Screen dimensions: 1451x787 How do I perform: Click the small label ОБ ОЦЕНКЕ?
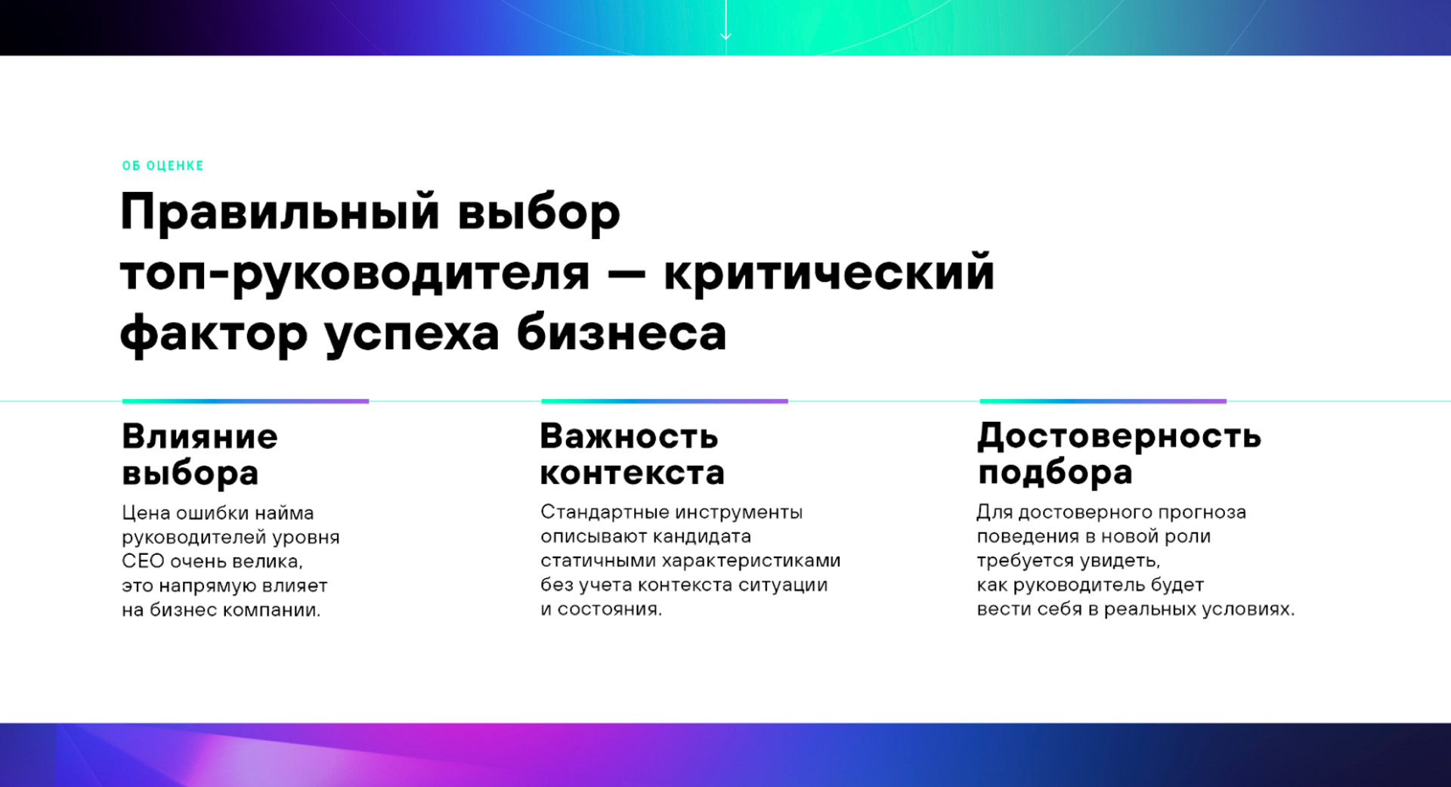click(x=162, y=166)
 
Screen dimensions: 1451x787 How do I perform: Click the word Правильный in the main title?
click(x=280, y=213)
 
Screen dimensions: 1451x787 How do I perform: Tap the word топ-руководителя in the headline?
click(x=354, y=274)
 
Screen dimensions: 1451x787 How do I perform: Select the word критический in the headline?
click(x=829, y=274)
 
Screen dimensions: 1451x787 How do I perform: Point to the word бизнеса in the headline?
click(x=621, y=333)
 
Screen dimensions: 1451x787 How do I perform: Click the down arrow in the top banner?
click(x=725, y=20)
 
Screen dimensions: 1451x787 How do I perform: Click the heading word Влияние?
click(x=200, y=436)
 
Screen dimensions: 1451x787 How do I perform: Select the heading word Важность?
click(x=629, y=436)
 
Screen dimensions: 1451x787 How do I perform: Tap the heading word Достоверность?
click(x=1119, y=436)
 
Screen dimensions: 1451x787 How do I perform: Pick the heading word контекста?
click(x=633, y=473)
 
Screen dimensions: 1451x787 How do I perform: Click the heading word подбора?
click(x=1055, y=473)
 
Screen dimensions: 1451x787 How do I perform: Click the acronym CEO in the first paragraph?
click(x=143, y=562)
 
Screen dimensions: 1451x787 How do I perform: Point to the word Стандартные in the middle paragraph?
click(x=603, y=513)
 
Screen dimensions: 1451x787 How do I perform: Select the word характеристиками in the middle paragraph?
click(x=751, y=561)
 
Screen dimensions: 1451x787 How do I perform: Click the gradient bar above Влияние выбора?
click(x=246, y=401)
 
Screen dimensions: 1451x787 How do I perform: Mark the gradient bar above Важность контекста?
click(x=664, y=401)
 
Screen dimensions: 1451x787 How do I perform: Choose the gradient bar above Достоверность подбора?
click(x=1103, y=401)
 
